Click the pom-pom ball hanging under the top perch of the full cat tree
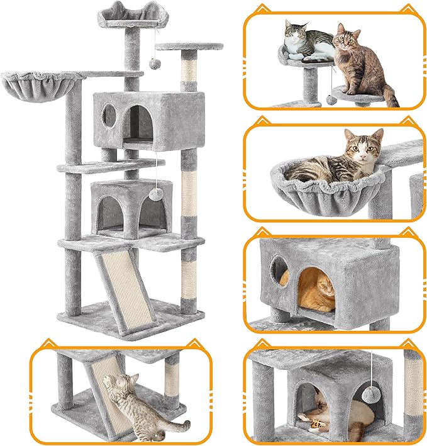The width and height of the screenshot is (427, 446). (x=152, y=65)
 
